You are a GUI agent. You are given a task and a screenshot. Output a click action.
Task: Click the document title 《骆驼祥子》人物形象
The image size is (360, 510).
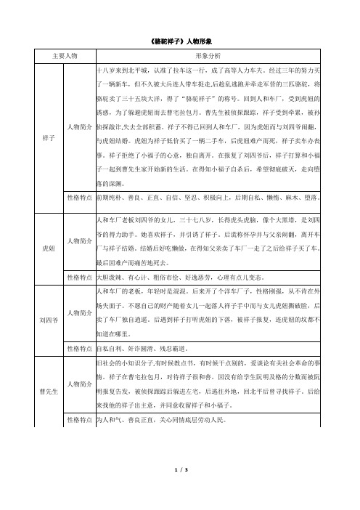(x=179, y=41)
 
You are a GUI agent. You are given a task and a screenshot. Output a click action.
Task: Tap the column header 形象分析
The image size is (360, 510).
(x=210, y=55)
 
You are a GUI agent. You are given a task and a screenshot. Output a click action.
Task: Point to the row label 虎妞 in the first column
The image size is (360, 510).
(x=49, y=247)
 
